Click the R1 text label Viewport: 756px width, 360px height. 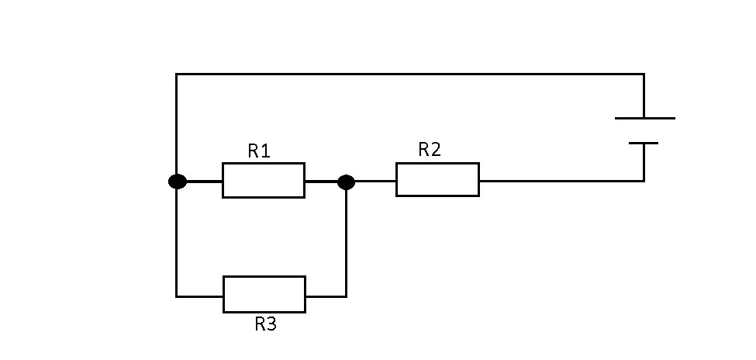(259, 151)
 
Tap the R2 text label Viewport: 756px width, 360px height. (430, 150)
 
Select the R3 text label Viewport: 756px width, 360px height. (265, 324)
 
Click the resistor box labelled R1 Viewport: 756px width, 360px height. (263, 181)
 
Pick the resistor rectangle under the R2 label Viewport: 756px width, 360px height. (437, 180)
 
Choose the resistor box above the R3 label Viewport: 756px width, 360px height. (264, 294)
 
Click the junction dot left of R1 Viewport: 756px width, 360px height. (178, 182)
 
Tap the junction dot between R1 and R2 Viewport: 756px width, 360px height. (347, 182)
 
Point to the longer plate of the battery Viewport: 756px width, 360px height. (644, 119)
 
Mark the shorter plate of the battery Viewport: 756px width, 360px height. (644, 144)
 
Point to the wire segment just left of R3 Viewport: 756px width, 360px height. (200, 296)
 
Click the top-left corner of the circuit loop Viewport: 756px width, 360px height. (177, 74)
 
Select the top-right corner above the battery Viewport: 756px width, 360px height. (644, 74)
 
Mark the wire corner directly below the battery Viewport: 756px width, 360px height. (644, 181)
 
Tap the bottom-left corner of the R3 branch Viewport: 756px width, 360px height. (177, 296)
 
